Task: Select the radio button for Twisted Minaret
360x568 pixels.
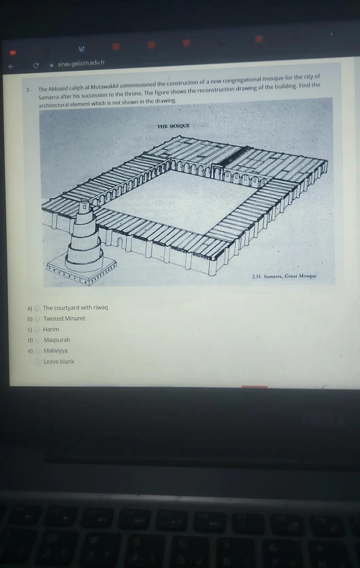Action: [37, 319]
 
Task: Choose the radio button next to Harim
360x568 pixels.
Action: [37, 330]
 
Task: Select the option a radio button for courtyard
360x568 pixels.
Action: [37, 308]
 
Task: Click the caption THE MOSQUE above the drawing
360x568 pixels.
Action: [173, 126]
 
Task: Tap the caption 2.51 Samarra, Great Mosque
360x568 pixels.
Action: [284, 276]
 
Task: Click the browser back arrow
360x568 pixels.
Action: [11, 67]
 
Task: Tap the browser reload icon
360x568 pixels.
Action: [36, 65]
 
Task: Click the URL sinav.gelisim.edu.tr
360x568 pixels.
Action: [81, 63]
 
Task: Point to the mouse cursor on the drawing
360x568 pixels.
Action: [162, 259]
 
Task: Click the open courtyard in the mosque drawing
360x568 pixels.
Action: [177, 200]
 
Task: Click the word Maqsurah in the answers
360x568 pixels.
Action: [57, 340]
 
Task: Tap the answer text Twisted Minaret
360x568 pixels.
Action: [64, 319]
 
